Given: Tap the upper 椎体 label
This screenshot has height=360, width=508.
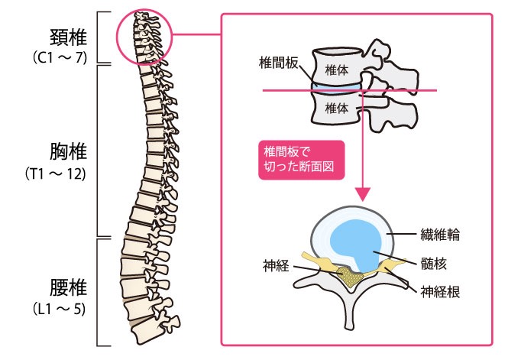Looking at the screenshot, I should [337, 69].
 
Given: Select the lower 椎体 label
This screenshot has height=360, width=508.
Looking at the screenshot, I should [337, 109].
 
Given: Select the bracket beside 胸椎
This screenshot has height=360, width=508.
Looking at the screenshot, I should [102, 150].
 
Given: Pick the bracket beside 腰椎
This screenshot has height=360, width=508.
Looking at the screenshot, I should [102, 291].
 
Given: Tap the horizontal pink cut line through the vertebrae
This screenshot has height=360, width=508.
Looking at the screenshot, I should [290, 91].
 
